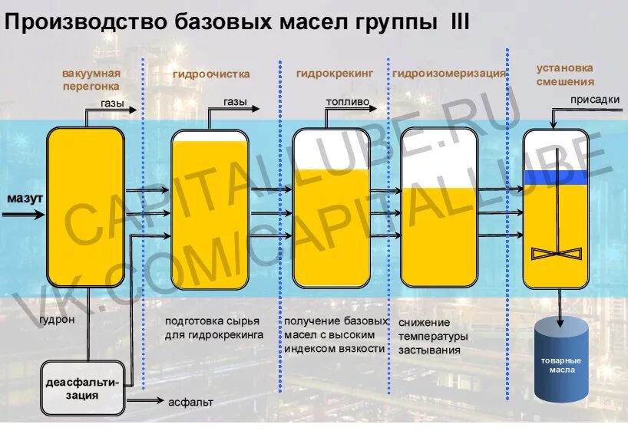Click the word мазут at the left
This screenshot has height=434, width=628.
coord(25,199)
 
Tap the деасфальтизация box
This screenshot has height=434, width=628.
coord(82,389)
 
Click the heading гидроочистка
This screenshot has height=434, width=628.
coord(211,74)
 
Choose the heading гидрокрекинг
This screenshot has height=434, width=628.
coord(335,74)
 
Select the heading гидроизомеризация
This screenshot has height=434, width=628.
coord(449,74)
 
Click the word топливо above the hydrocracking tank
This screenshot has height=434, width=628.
coord(347,101)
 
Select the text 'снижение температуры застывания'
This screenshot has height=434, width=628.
coord(431,336)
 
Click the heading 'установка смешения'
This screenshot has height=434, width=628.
coord(565,74)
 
